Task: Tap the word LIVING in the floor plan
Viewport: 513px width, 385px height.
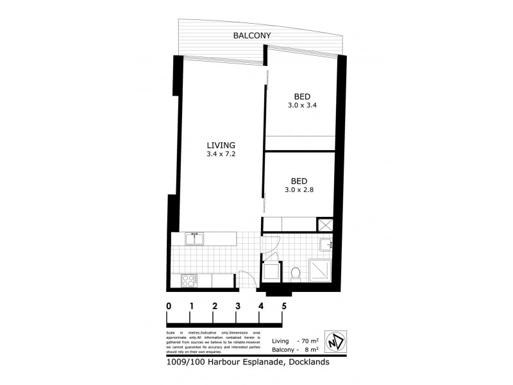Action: tap(221, 144)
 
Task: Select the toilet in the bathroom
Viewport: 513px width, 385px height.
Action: tap(296, 274)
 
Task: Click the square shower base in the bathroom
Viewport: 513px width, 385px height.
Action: tap(321, 271)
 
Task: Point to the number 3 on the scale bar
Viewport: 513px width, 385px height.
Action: tap(237, 306)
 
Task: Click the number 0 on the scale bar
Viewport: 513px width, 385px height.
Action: tap(169, 306)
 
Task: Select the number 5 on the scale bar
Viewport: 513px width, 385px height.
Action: tap(283, 306)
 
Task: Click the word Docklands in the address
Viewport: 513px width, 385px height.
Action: tap(307, 362)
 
